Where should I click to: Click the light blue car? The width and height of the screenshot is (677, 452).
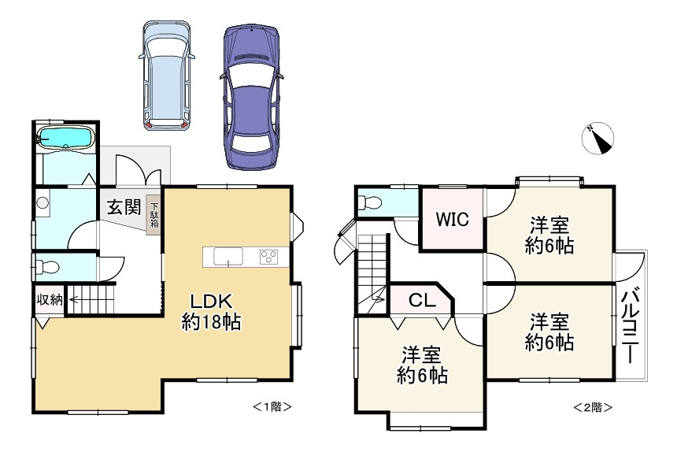167,75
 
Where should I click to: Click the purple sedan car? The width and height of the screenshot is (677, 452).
251,97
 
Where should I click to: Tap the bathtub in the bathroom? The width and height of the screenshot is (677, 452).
65,138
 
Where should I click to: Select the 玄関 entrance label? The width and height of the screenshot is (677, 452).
124,207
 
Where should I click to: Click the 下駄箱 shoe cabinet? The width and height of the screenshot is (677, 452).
154,216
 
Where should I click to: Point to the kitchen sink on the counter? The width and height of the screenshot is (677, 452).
228,257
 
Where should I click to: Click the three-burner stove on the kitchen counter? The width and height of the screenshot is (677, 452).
268,257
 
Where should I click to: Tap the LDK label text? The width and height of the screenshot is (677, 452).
212,302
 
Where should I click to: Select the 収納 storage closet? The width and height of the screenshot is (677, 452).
50,300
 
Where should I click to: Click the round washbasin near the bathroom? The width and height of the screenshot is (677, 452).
43,202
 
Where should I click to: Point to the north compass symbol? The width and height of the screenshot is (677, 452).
597,139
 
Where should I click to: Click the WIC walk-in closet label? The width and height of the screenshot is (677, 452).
452,219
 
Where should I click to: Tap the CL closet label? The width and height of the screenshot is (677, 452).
422,300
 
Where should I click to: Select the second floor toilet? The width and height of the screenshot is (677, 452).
371,202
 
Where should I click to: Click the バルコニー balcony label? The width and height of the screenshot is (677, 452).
631,325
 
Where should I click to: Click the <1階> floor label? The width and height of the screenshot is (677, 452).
272,406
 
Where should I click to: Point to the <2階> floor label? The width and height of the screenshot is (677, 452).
592,407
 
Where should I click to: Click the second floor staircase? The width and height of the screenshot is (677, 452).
372,274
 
